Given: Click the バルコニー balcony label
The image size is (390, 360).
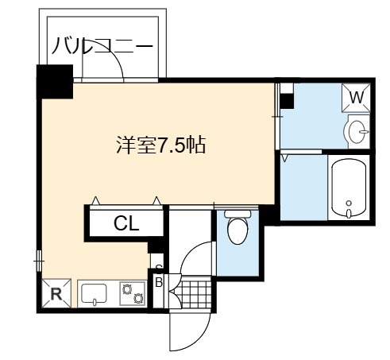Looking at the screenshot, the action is click(x=102, y=46).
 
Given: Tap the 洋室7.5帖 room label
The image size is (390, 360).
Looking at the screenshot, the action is click(x=161, y=145).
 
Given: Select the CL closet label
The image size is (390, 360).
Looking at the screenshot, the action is click(x=126, y=224).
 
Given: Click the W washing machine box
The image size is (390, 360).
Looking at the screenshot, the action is click(x=356, y=98).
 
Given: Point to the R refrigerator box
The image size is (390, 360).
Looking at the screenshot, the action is click(x=56, y=293).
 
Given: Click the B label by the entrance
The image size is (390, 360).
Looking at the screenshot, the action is click(x=159, y=282).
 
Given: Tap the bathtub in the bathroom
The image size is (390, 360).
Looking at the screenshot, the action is click(x=349, y=188).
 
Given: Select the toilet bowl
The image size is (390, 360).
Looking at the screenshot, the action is click(x=237, y=227).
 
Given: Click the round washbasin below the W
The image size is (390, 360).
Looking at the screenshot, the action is click(x=356, y=131).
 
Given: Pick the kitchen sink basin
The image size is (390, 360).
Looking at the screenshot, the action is click(x=94, y=293).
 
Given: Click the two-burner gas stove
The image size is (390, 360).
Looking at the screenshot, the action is click(x=133, y=294).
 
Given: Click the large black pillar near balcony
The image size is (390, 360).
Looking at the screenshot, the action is click(x=55, y=82).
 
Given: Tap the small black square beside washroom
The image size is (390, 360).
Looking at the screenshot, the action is click(x=287, y=101).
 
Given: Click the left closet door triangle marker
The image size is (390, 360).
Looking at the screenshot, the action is click(x=95, y=200).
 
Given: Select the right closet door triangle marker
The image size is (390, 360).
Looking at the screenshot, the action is click(x=156, y=200).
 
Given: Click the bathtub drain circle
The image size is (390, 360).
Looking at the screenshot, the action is click(x=349, y=203).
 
